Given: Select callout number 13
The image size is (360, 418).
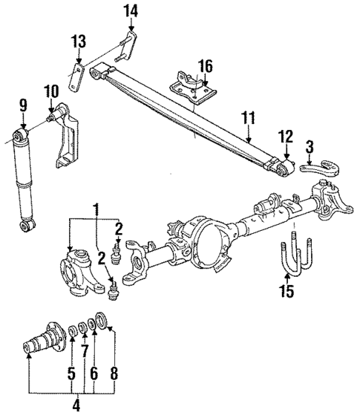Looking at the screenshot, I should pyautogui.click(x=79, y=41).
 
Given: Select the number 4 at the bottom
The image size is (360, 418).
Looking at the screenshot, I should pyautogui.click(x=74, y=405).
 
